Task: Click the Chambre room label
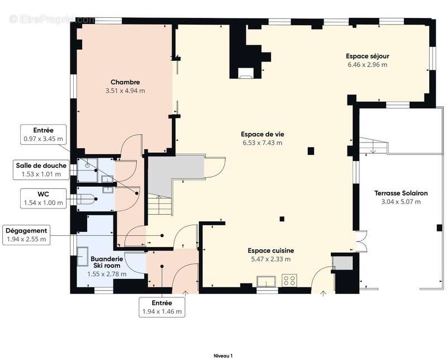[125, 82]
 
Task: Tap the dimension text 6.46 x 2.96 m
[367, 64]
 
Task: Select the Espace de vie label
[262, 134]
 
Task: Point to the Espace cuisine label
[270, 250]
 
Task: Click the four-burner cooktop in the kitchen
[289, 280]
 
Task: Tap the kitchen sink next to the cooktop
[267, 281]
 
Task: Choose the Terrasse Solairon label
[401, 193]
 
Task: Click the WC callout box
[44, 198]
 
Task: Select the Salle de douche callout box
[41, 170]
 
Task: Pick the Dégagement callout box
[26, 235]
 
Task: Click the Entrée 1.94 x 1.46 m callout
[162, 307]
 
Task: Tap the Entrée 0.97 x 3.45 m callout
[44, 134]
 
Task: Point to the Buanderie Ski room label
[107, 262]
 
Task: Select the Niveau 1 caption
[223, 356]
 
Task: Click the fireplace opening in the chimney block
[245, 73]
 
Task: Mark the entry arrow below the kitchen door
[324, 294]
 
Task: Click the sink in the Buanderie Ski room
[83, 257]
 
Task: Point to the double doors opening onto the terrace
[361, 241]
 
